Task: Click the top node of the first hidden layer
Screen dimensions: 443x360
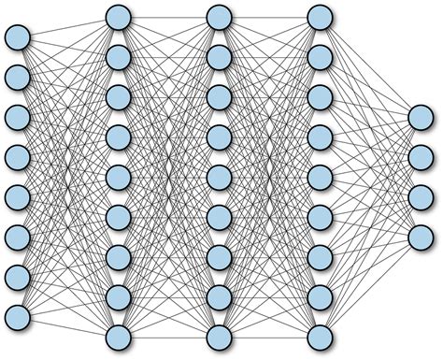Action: [x=118, y=17]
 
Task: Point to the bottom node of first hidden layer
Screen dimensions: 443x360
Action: [x=118, y=336]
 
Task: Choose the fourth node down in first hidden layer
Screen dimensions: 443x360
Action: [x=118, y=137]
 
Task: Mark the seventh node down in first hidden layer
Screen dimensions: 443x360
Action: [x=118, y=256]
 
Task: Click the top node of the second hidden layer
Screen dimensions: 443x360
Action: [x=218, y=17]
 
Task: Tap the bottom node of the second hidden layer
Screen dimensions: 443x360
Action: [x=218, y=336]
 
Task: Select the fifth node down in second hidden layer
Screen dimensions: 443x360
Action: [x=218, y=177]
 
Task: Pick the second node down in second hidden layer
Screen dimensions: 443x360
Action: [x=218, y=57]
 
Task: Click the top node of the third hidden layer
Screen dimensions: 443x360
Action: [x=319, y=17]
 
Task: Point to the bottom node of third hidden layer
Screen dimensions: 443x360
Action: [x=319, y=336]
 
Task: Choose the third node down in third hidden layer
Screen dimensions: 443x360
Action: [x=319, y=97]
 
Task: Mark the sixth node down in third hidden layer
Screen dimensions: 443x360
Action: [x=319, y=216]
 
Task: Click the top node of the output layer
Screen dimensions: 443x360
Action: [x=420, y=117]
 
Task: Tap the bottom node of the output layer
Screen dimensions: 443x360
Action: [x=420, y=236]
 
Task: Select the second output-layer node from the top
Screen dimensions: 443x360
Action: [x=420, y=156]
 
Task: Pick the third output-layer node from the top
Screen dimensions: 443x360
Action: [x=420, y=196]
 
